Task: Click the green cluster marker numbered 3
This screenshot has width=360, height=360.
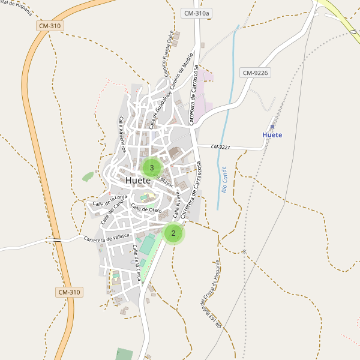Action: click(152, 168)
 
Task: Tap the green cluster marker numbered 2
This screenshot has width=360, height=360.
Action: click(173, 233)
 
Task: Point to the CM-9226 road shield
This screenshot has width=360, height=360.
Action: click(255, 73)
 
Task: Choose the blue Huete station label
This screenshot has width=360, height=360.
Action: click(272, 135)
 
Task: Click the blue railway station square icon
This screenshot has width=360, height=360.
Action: click(272, 127)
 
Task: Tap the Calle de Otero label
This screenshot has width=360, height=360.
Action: click(146, 208)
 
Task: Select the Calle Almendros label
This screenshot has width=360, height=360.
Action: click(122, 134)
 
